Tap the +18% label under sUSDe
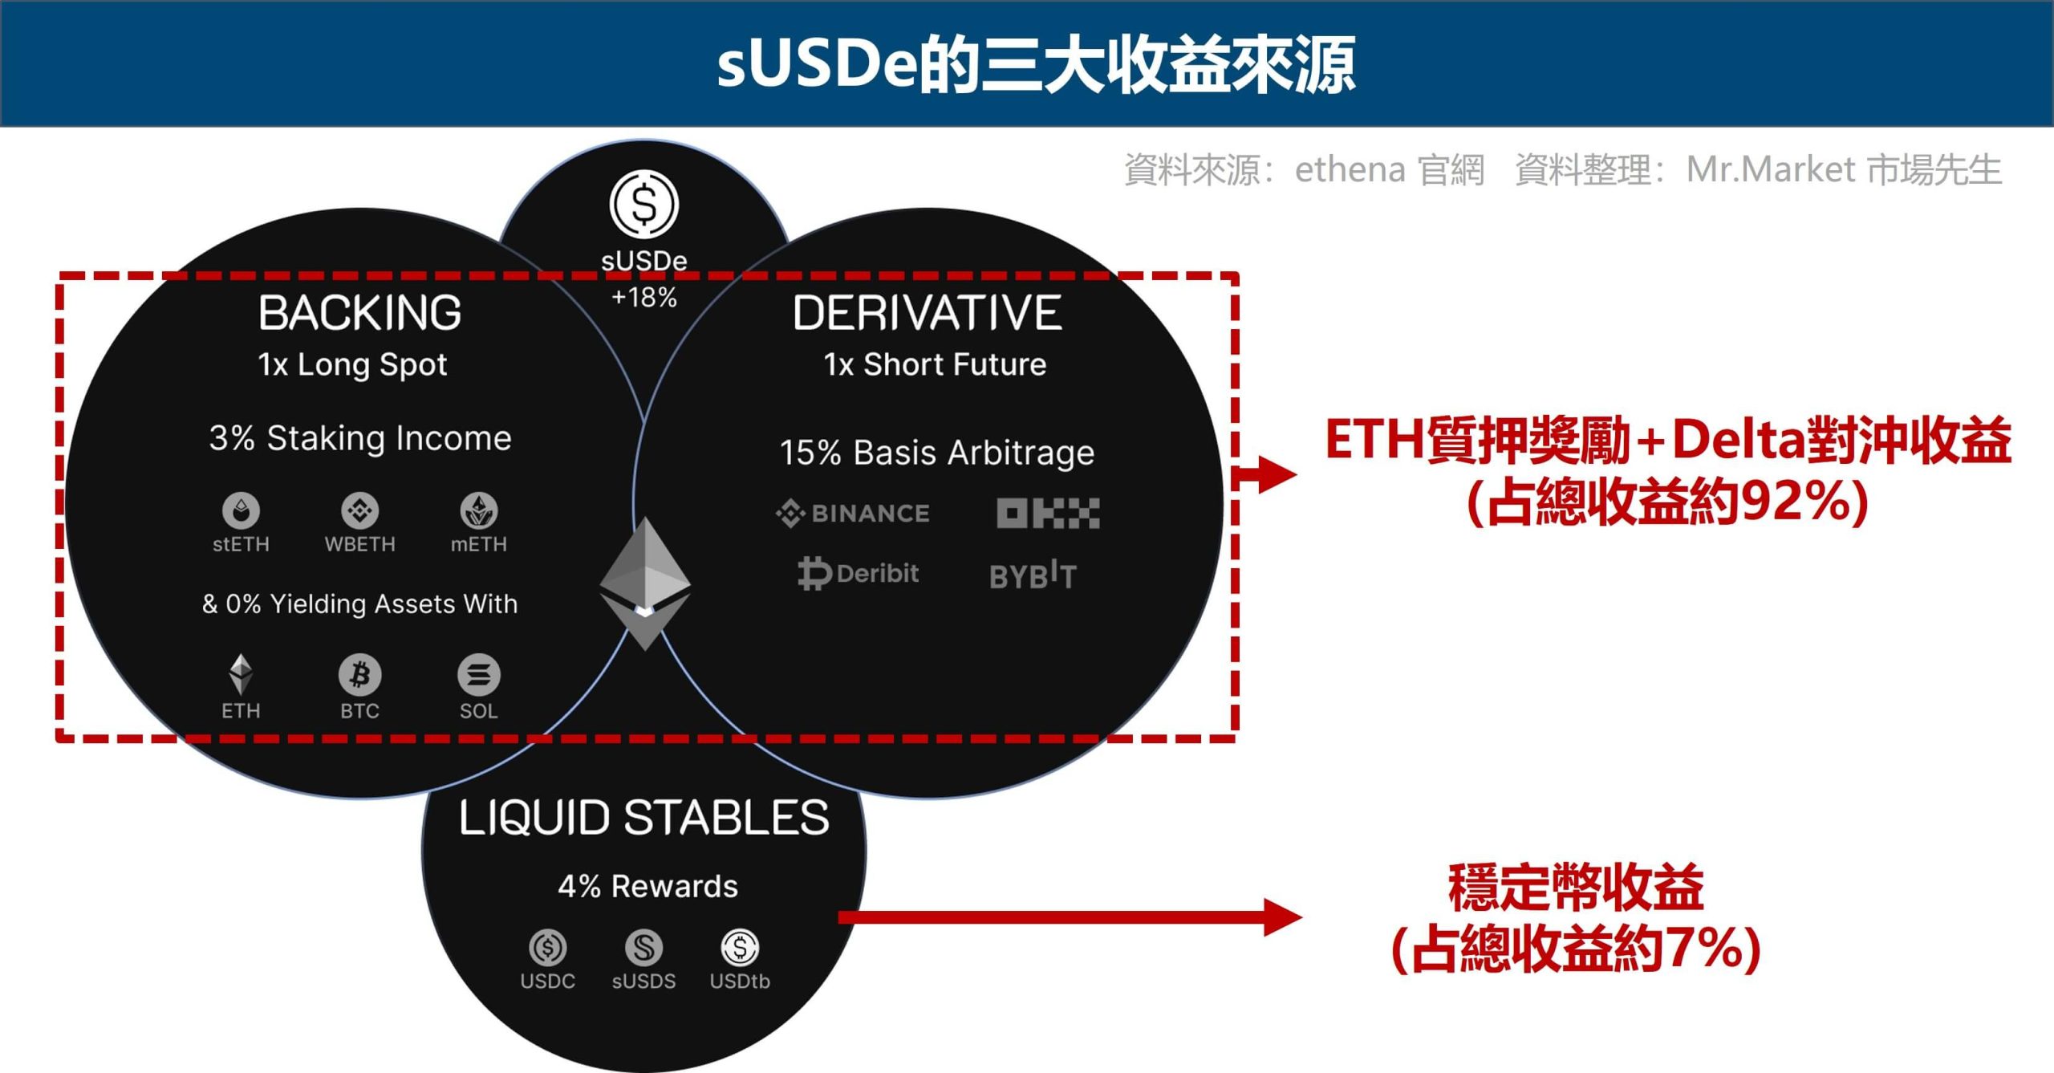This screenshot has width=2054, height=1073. [x=643, y=298]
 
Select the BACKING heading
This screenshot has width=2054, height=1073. [x=359, y=312]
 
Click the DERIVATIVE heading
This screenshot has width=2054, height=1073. [x=927, y=312]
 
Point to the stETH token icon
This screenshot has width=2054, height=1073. [x=241, y=510]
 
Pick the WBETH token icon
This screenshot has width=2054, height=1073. [x=359, y=510]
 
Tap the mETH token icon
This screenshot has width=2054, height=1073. [x=479, y=510]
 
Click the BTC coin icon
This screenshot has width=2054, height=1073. [x=359, y=675]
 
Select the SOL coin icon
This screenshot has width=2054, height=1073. [x=479, y=675]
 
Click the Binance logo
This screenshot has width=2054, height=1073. [x=853, y=513]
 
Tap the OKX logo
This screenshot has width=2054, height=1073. [x=1048, y=513]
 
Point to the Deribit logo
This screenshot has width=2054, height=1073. [x=858, y=573]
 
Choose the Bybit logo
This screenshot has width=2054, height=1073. [x=1033, y=575]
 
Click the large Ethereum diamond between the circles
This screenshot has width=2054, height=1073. [x=645, y=583]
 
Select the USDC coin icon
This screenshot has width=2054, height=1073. [x=548, y=948]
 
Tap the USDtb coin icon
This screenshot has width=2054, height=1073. [x=740, y=948]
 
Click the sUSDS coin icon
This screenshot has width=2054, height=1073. [x=643, y=948]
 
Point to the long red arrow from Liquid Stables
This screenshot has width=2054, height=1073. [x=1070, y=917]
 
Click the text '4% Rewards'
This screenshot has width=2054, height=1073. [x=647, y=887]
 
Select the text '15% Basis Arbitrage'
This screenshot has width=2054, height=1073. [x=936, y=453]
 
